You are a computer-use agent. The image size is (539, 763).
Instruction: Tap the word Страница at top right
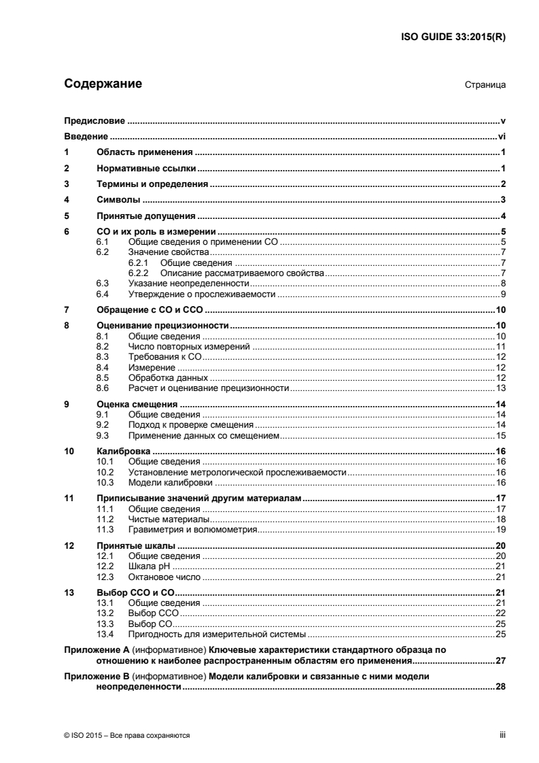click(x=485, y=86)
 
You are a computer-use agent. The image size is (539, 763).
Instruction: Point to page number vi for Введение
click(x=501, y=136)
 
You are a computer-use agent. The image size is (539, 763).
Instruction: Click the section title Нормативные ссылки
click(x=145, y=168)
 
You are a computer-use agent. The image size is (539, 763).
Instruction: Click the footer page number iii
click(x=502, y=735)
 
